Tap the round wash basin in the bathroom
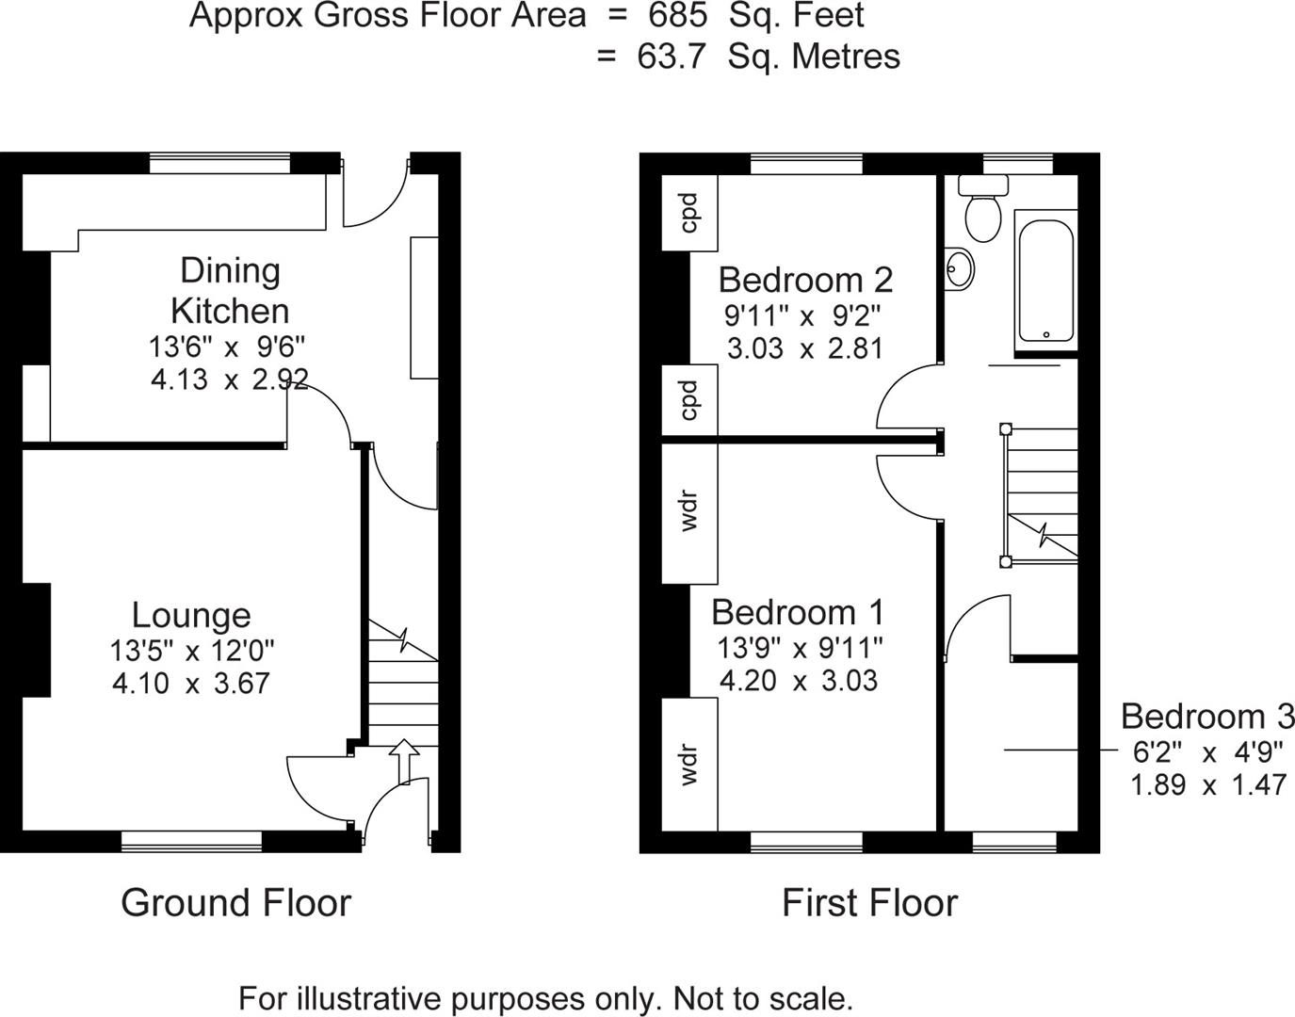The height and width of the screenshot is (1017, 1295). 960,268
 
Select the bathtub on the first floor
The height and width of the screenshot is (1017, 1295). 1044,279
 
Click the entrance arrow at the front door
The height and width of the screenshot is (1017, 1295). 404,760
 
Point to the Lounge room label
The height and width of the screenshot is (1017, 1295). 191,615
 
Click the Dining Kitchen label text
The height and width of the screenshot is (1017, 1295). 230,290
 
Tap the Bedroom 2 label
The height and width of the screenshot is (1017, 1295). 805,280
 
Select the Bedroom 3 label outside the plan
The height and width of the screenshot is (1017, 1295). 1207,717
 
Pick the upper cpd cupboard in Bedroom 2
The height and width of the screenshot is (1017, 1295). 689,213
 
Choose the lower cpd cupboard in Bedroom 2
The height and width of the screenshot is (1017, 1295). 689,400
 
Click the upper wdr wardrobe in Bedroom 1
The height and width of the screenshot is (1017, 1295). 689,511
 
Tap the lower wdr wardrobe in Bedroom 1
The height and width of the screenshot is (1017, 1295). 689,764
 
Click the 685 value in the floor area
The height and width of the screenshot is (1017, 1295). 678,16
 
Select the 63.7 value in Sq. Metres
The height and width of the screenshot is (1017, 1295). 672,56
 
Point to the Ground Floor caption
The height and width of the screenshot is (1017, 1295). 235,903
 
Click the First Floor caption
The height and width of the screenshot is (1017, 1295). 869,903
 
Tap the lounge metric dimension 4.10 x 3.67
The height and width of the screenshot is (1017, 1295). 191,683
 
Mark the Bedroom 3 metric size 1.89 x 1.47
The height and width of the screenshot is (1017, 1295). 1207,784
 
